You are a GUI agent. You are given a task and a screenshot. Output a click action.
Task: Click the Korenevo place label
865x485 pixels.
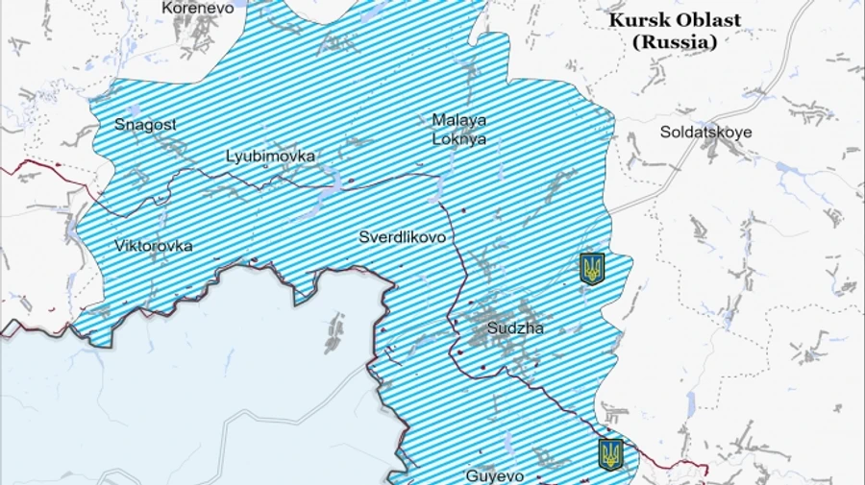(199, 8)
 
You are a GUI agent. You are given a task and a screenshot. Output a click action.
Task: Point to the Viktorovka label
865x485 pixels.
(153, 246)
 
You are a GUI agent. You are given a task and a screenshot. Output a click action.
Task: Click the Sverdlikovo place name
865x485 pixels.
(402, 237)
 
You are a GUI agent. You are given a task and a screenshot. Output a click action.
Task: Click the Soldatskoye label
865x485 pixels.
(705, 132)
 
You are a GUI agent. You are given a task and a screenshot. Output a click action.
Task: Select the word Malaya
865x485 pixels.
(458, 120)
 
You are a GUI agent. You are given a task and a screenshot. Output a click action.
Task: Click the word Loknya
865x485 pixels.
(458, 138)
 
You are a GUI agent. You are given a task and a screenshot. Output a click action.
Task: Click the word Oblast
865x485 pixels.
(705, 21)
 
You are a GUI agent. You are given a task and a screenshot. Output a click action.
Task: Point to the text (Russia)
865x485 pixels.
(674, 41)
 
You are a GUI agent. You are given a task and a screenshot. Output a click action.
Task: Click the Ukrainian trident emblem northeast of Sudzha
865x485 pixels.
(592, 268)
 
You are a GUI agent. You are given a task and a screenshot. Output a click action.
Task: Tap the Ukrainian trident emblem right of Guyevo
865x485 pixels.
(610, 454)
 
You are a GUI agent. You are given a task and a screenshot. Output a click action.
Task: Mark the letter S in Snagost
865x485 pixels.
(119, 124)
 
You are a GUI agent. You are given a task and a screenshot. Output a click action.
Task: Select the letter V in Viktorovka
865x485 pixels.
(119, 246)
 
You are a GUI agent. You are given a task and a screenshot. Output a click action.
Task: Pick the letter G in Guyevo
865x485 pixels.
(471, 475)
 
